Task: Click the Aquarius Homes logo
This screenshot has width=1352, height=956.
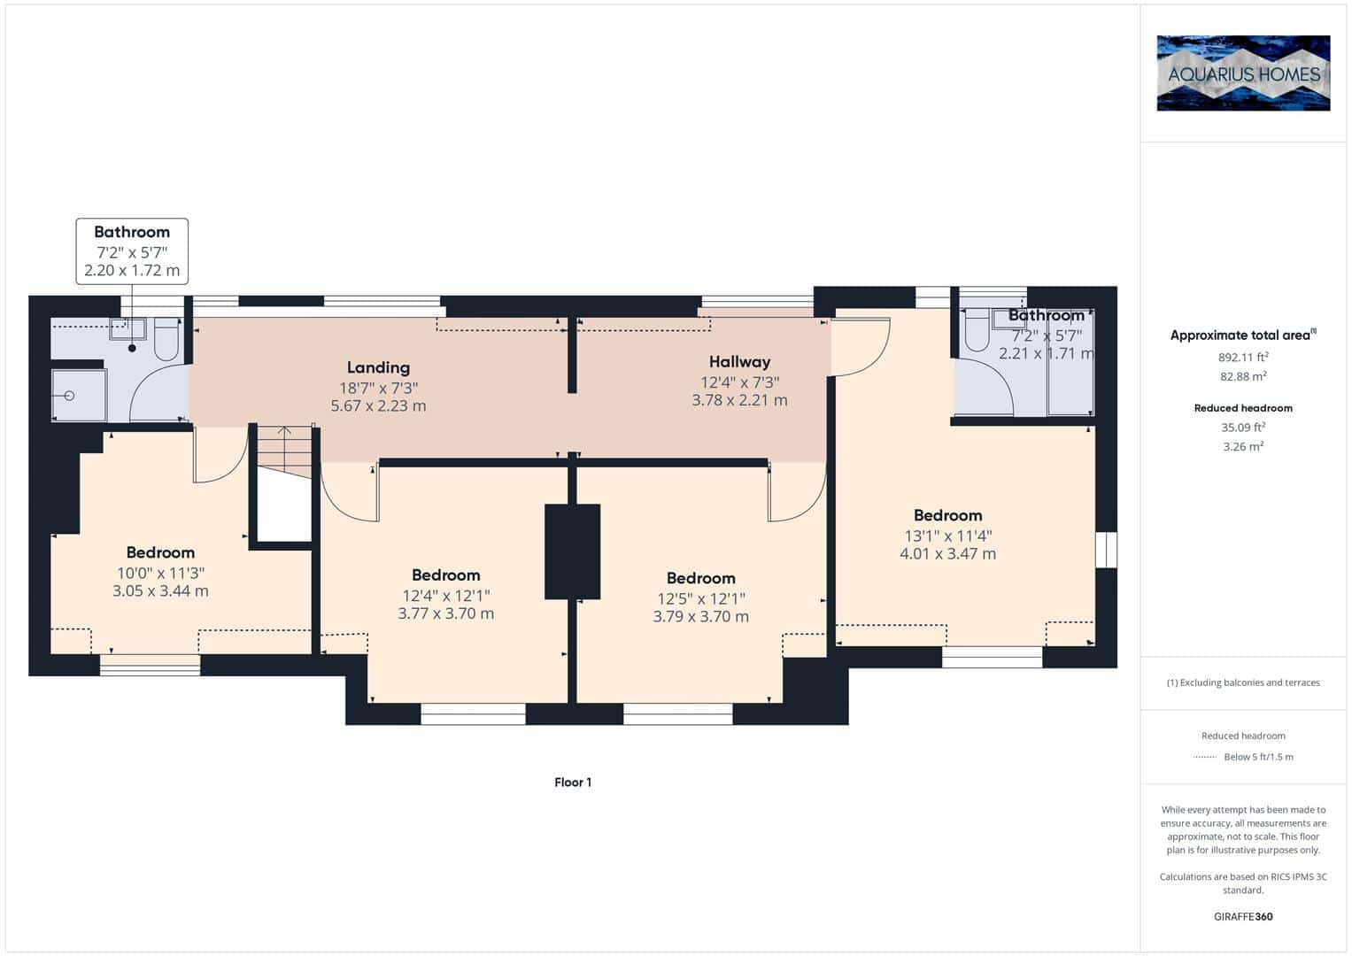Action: (1243, 73)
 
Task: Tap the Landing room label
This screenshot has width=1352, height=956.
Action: (378, 367)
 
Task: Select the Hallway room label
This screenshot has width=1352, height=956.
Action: (739, 362)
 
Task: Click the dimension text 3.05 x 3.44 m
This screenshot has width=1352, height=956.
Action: (160, 591)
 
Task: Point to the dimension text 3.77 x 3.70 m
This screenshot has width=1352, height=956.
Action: (445, 613)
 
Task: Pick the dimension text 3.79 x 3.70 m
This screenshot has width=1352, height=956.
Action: (700, 617)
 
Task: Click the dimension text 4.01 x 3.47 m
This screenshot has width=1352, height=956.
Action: (947, 554)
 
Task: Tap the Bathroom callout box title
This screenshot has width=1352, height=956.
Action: (132, 232)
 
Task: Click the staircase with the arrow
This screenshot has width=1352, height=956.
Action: (284, 451)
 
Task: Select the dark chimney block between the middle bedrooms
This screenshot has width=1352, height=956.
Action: (572, 551)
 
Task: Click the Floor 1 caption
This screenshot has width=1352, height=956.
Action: (573, 783)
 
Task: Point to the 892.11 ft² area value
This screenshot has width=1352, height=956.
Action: (1243, 357)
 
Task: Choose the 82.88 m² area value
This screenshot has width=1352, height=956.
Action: (1243, 376)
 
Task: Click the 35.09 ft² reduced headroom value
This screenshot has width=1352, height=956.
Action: (1243, 427)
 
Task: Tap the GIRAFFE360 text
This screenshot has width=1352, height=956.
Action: (1243, 917)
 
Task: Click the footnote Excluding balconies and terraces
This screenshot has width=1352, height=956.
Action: (1243, 682)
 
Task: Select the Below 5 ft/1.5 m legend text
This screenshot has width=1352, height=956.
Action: (1258, 757)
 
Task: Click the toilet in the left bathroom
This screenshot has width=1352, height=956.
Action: (166, 339)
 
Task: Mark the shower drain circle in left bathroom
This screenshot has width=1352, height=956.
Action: (69, 396)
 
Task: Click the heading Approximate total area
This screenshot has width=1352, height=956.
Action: (1241, 335)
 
